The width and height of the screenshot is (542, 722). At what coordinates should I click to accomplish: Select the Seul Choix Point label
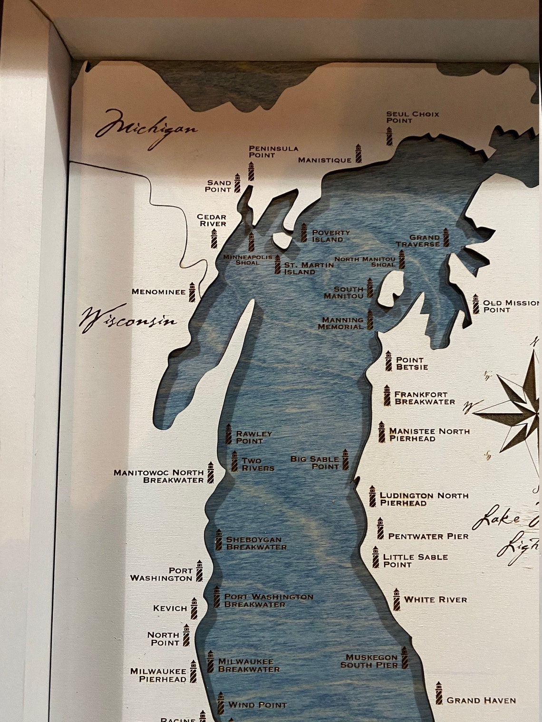coord(412,117)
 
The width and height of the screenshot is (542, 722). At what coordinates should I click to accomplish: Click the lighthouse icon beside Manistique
coord(358,154)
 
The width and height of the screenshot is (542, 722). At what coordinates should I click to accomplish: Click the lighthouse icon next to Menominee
coord(192,292)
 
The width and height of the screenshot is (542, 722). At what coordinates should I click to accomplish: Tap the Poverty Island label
coord(330,236)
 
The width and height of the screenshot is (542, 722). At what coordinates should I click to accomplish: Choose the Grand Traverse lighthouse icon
coord(446,237)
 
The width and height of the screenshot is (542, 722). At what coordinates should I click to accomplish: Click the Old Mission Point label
coord(511,306)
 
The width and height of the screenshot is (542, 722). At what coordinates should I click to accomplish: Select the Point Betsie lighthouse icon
coord(388,361)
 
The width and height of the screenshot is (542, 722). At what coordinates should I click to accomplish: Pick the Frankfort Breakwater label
coord(424,398)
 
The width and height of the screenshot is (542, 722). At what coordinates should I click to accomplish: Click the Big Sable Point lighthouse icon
coord(346,460)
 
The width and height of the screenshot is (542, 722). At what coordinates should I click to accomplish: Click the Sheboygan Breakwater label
coord(256,543)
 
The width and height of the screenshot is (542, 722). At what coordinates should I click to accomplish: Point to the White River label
coord(436,600)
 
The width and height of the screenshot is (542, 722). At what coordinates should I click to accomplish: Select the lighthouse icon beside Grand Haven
coord(439,693)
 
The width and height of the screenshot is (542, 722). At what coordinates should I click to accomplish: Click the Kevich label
coord(170,608)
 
